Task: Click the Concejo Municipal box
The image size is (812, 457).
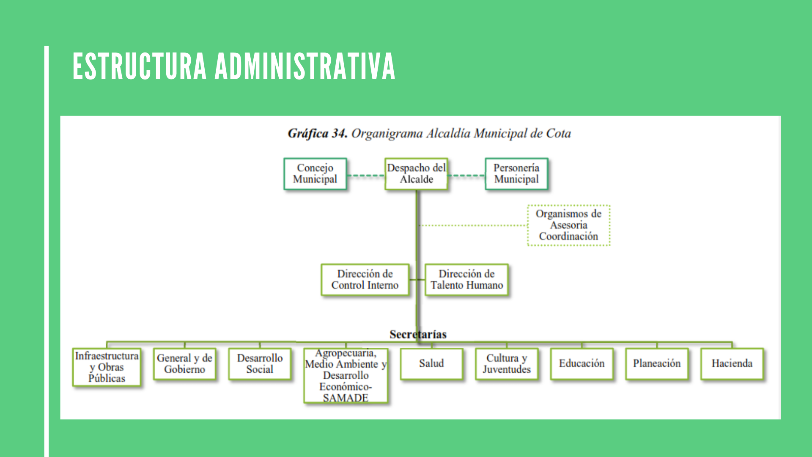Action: [315, 173]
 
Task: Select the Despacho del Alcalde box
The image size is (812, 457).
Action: [417, 173]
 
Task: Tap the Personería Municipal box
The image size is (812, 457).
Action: [516, 173]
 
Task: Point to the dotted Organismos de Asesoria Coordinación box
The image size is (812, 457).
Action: [569, 225]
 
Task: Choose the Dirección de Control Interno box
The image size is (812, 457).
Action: [365, 279]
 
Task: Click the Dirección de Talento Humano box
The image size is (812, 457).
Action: [466, 279]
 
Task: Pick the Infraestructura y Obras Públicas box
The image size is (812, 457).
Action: [107, 367]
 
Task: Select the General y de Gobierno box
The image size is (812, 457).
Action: [184, 363]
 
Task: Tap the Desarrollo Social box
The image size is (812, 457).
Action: [260, 363]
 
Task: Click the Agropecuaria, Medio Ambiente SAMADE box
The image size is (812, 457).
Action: [346, 375]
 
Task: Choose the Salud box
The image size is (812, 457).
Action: [431, 363]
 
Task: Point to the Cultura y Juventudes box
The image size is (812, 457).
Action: [507, 363]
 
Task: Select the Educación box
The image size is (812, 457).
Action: [582, 363]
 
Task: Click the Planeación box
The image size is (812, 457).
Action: [657, 363]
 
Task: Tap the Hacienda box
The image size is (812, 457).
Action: [732, 363]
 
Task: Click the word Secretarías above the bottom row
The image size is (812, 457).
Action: [418, 334]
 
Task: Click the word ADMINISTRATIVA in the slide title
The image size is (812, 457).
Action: [305, 66]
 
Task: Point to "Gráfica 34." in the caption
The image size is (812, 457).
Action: [318, 133]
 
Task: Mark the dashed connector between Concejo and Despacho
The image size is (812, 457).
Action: [366, 175]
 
